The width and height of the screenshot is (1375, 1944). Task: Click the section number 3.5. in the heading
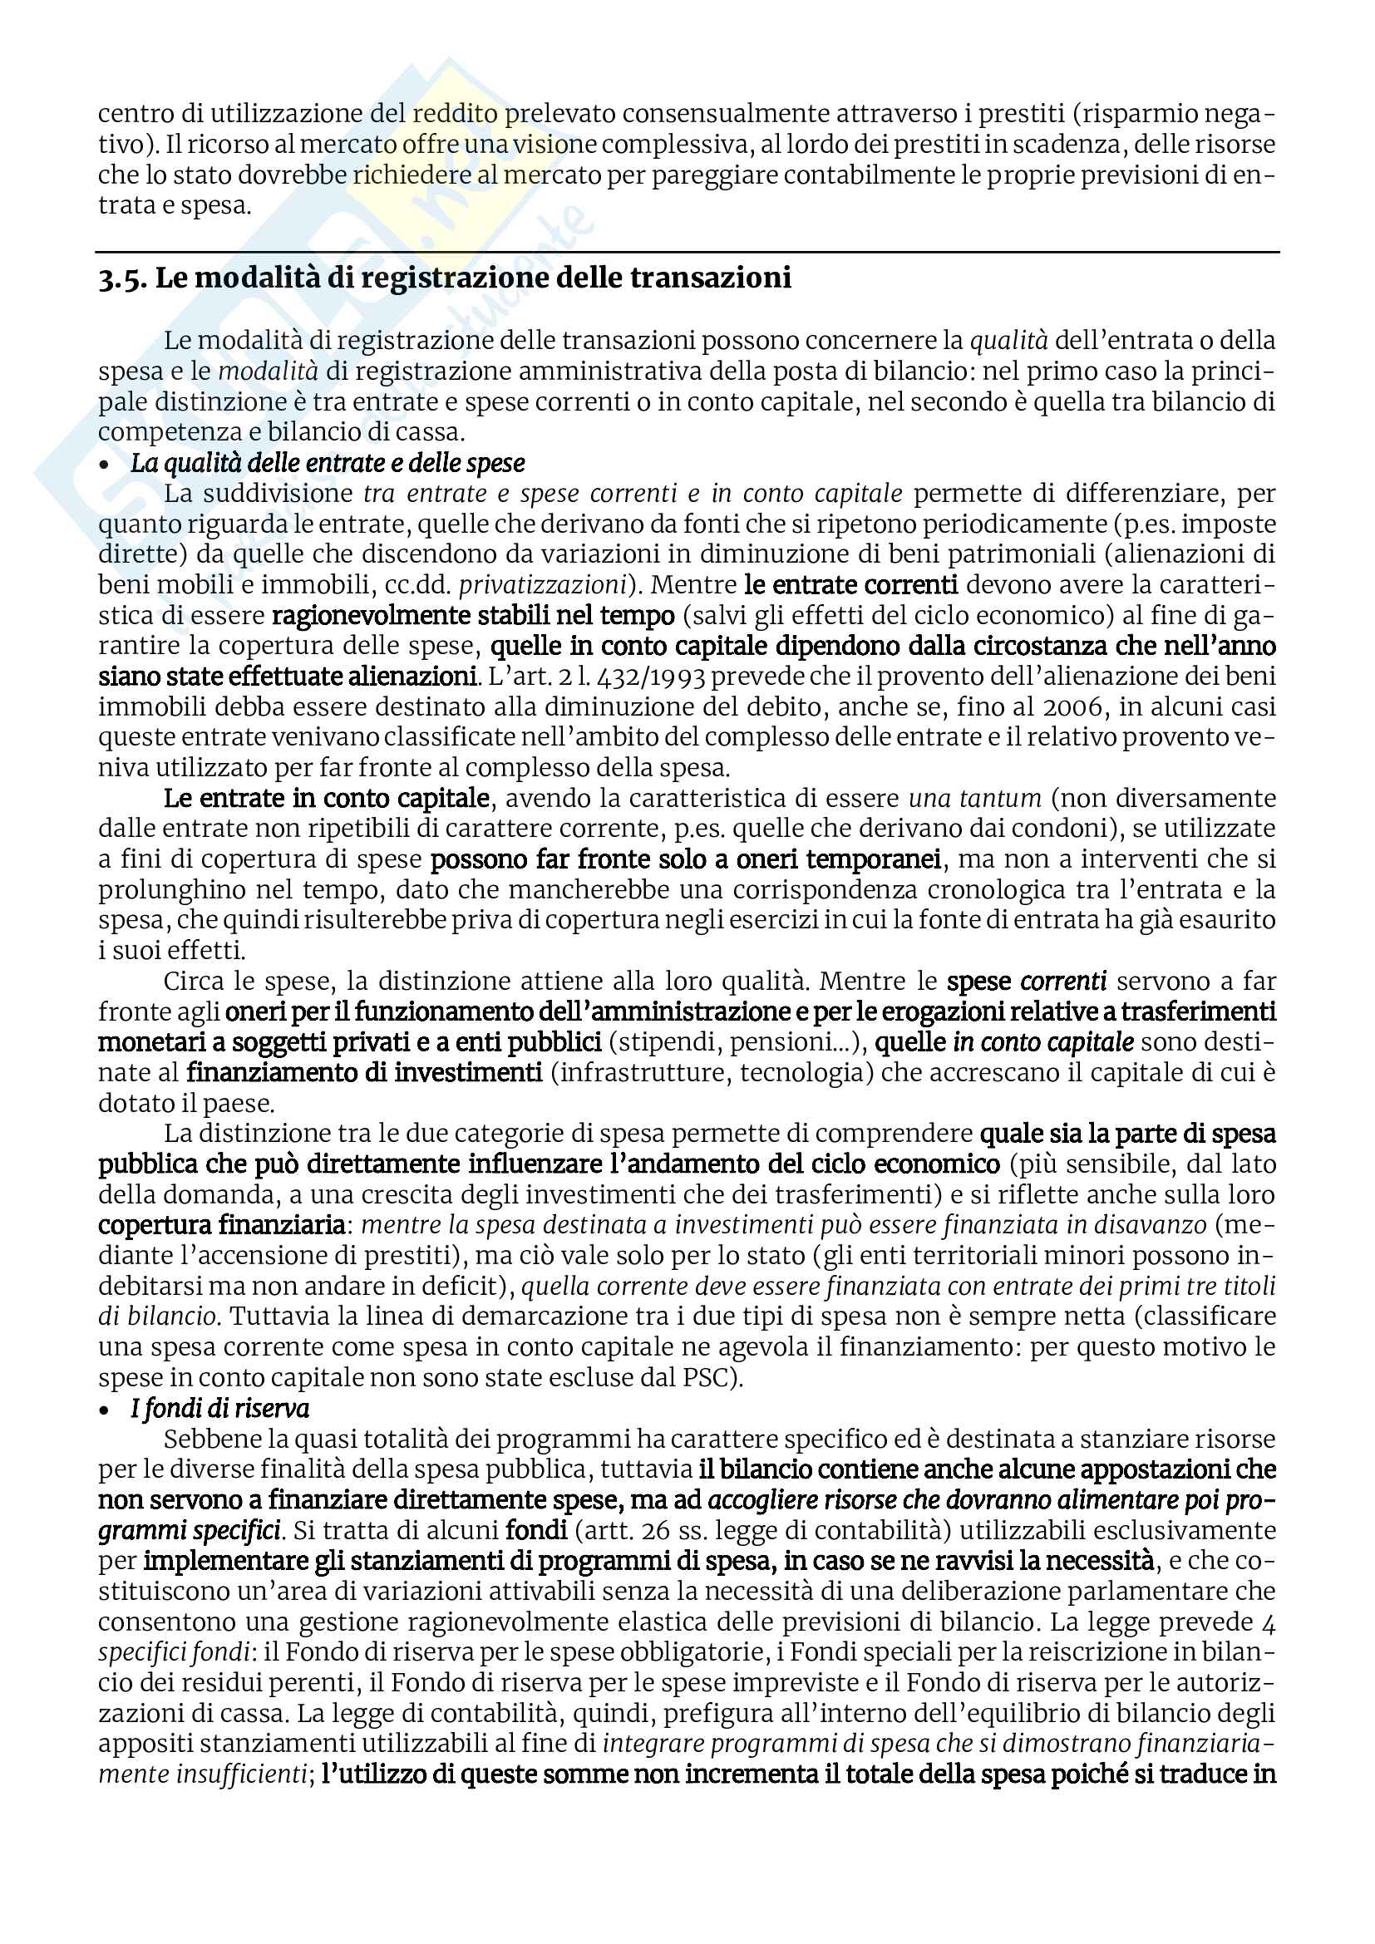tap(123, 278)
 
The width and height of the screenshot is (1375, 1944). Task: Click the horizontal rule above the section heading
tap(687, 252)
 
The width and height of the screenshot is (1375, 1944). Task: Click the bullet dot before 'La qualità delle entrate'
tap(105, 465)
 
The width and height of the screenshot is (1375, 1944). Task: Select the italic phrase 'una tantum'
tap(974, 799)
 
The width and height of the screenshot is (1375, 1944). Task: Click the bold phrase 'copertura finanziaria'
tap(221, 1225)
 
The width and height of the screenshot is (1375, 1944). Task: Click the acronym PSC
tap(704, 1377)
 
